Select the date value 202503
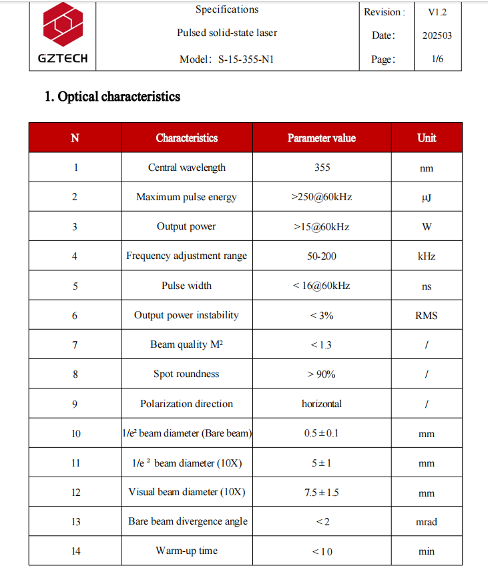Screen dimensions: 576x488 437,35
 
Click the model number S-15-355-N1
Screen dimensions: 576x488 246,59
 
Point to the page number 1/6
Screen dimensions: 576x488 437,59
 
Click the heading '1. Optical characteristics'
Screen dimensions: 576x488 112,97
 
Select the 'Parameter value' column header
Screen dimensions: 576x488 321,138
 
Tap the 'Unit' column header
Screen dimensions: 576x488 426,138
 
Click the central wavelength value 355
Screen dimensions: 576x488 322,168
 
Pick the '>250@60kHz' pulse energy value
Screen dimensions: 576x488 322,197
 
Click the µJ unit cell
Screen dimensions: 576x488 426,198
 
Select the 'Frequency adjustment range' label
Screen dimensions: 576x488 186,256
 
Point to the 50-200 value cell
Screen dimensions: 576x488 322,256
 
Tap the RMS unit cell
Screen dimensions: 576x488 426,315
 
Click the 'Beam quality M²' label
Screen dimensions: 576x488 186,344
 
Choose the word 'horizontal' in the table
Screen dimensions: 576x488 322,404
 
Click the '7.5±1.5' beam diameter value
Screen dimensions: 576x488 322,493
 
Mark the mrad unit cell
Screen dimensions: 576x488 426,522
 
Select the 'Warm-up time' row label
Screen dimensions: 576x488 186,551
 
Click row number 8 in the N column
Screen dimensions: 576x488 75,374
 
